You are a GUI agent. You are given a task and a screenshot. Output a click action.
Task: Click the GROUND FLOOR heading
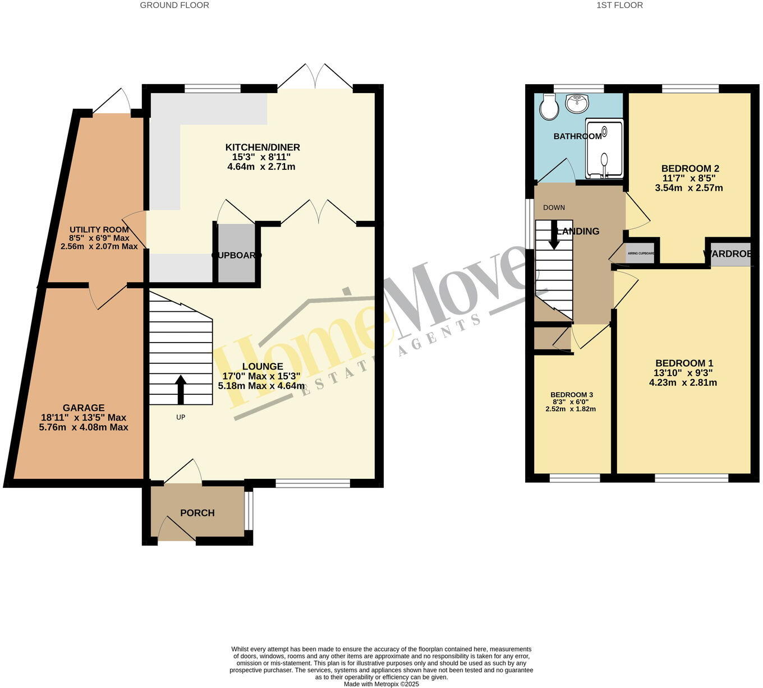point(174,5)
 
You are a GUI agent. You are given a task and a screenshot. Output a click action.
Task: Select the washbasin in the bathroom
point(577,103)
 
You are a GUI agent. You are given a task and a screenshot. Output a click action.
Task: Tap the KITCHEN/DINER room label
point(263,147)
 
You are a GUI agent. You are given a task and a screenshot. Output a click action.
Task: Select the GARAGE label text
point(84,408)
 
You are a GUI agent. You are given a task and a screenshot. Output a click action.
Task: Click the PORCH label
point(197,512)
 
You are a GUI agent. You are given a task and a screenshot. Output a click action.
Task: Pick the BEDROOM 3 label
point(571,395)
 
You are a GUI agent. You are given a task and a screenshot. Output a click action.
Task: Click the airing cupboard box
point(640,253)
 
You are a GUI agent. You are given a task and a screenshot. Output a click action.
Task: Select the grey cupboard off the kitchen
point(236,253)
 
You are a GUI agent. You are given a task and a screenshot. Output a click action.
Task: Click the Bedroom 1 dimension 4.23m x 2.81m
point(683,383)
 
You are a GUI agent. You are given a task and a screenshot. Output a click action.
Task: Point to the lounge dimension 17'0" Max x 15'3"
point(261,376)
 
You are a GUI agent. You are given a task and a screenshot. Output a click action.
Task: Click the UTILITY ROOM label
point(99,230)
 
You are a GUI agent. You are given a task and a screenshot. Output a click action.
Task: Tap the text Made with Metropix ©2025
point(381,684)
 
